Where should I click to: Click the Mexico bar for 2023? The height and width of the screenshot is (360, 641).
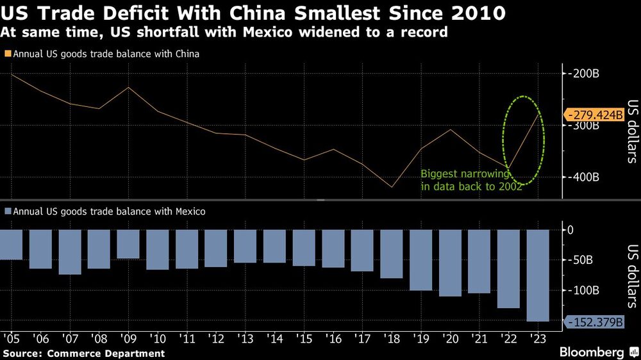[x=537, y=275]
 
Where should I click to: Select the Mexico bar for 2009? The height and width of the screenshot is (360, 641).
[x=128, y=244]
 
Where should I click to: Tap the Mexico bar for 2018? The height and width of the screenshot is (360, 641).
[x=391, y=254]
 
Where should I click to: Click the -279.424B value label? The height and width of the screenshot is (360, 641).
[x=594, y=115]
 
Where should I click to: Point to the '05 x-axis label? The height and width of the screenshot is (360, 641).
[x=10, y=338]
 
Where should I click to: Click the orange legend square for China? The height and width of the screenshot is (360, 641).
[x=7, y=54]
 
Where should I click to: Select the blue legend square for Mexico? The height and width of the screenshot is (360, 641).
[x=7, y=211]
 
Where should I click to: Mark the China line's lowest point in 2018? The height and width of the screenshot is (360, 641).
[x=391, y=187]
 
